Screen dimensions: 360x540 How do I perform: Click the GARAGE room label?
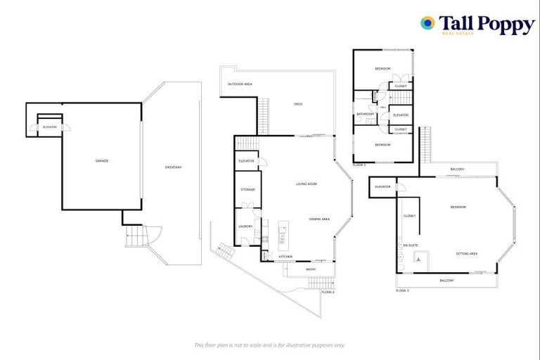pos(102,161)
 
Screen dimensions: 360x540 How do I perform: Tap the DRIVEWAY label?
pos(173,167)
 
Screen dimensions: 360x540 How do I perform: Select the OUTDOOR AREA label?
pos(240,84)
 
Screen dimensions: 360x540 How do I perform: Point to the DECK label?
pos(298,104)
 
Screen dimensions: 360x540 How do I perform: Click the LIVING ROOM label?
pos(307,184)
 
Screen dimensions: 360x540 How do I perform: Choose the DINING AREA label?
pos(319,219)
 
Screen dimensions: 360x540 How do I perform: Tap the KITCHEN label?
pos(285,257)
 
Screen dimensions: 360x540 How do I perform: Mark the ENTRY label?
pos(311,269)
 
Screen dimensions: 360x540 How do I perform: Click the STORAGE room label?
pos(247,190)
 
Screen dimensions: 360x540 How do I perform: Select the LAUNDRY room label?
pos(245,226)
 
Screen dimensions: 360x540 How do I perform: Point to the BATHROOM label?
pos(365,114)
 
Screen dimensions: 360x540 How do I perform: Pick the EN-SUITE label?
pos(411,245)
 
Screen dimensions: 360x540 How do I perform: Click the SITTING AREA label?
pos(467,252)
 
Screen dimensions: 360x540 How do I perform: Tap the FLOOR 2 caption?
pos(328,292)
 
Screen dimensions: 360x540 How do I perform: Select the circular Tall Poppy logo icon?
pos(427,23)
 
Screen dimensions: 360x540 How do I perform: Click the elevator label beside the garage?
pos(49,127)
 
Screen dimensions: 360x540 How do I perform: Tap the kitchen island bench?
pos(283,236)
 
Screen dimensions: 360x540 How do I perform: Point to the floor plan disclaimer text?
pos(269,345)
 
